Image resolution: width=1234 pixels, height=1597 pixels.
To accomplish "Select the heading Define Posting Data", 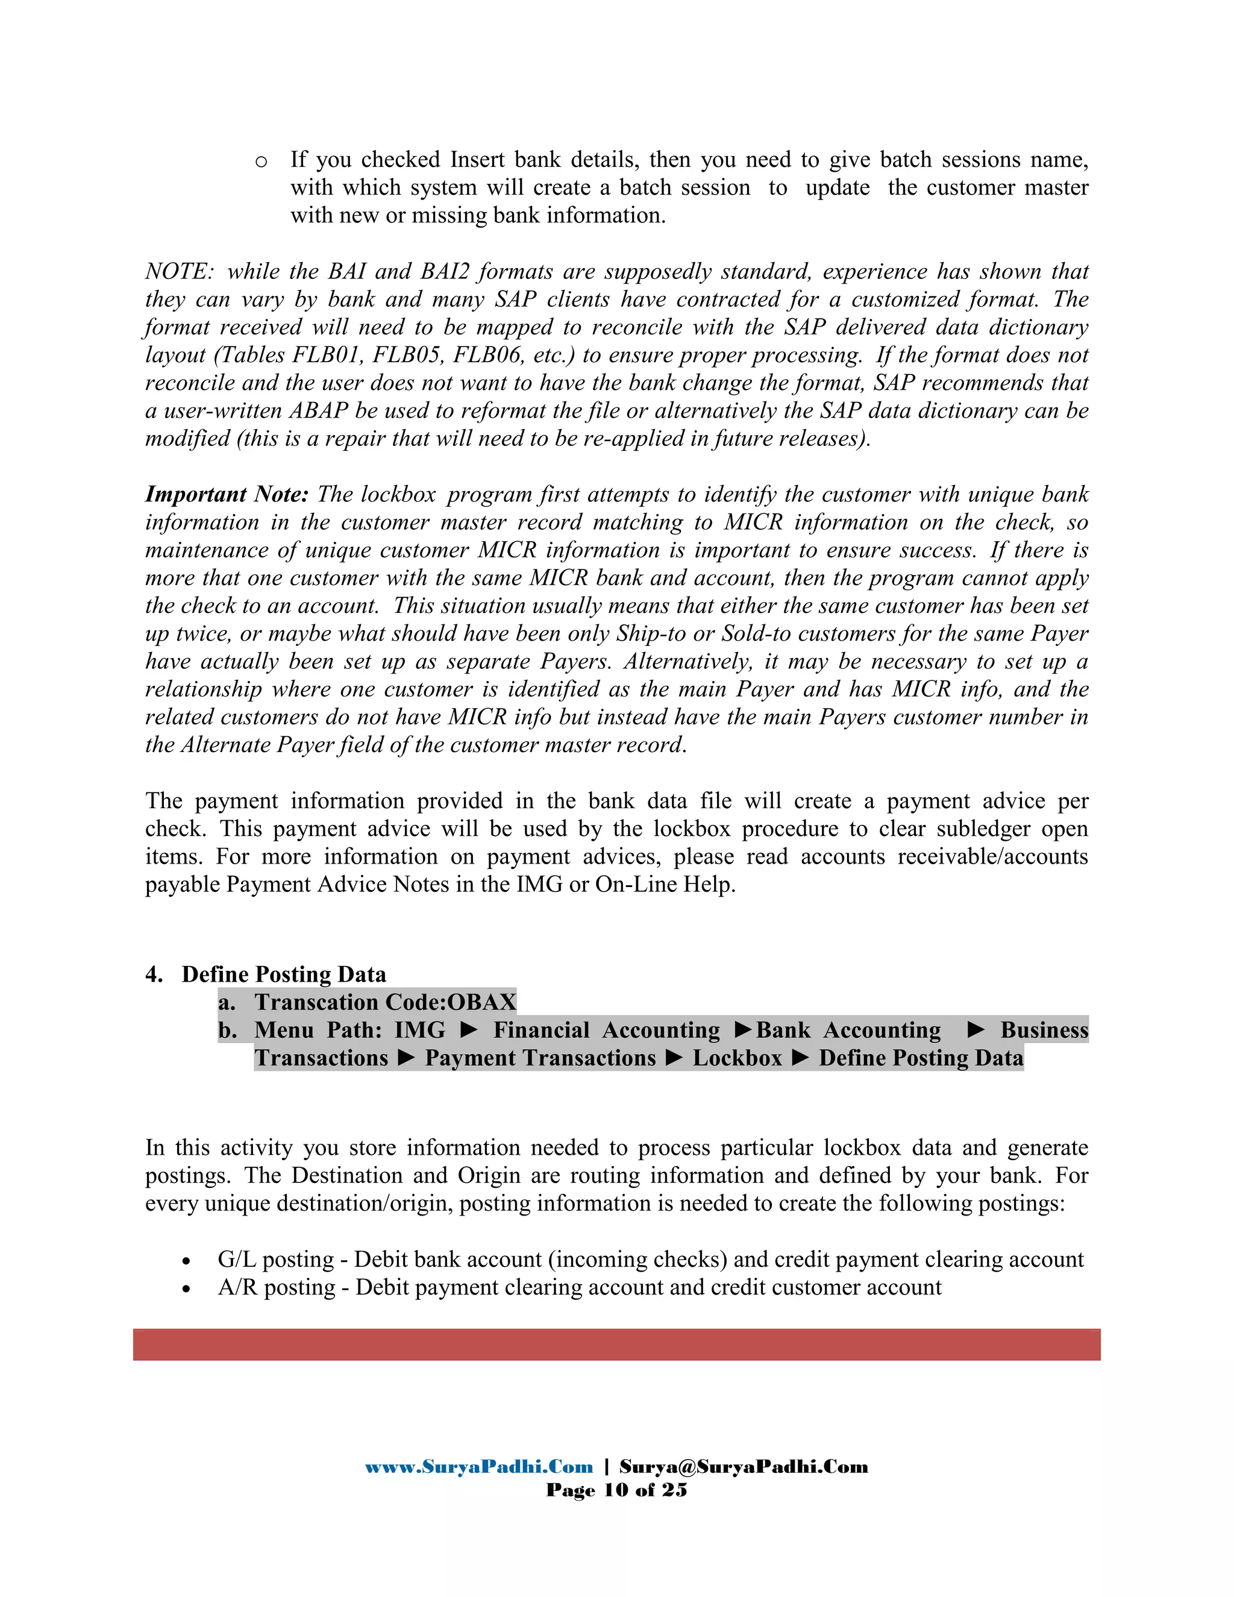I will tap(284, 974).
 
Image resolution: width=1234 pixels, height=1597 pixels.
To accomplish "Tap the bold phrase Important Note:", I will tap(227, 494).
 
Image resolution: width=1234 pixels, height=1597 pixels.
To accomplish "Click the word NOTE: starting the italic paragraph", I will tap(179, 271).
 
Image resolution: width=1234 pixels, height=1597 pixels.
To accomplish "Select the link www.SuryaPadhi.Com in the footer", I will tap(479, 1467).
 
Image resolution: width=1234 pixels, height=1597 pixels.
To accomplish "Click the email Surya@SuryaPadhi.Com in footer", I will tap(744, 1467).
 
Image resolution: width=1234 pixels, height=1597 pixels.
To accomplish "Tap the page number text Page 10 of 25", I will tap(616, 1490).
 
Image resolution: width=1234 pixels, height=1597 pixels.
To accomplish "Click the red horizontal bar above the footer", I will tap(616, 1344).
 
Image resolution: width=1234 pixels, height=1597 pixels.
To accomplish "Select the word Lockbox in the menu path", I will tap(737, 1058).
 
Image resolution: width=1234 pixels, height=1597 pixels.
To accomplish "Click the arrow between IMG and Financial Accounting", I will tap(469, 1031).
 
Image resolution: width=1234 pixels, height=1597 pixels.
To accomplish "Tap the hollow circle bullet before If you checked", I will tap(261, 162).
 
